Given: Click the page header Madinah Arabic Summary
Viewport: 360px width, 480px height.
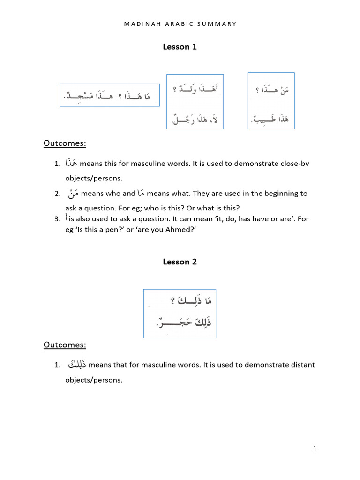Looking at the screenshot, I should point(180,24).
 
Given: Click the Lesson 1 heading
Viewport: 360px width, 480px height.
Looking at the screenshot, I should point(180,46).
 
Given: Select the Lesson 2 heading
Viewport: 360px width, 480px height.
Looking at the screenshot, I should point(180,262).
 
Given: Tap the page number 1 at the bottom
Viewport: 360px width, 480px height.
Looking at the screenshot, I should point(315,449).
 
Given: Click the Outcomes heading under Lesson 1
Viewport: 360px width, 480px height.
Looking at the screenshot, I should point(65,143).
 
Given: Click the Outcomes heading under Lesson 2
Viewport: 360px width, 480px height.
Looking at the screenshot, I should point(65,345).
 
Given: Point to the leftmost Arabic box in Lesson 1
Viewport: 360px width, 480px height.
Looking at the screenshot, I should point(110,95).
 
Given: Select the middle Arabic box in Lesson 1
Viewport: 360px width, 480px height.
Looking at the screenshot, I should point(195,101).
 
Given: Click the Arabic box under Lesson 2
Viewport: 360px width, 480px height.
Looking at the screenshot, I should point(180,313).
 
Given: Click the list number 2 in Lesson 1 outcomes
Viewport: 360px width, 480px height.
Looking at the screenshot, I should point(57,194).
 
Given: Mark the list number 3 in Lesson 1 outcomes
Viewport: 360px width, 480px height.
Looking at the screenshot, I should point(57,219).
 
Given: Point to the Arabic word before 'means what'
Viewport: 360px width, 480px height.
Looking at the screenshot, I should point(142,193).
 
